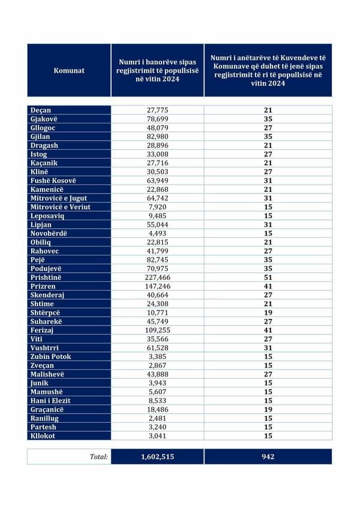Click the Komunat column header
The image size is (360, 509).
point(69,70)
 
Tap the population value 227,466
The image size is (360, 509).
point(158,278)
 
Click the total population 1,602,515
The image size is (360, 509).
point(158,457)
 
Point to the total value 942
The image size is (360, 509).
point(268,457)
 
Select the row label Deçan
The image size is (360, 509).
point(41,110)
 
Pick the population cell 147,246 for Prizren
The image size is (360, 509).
point(158,287)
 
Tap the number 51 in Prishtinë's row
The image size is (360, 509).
point(268,278)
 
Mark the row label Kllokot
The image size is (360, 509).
point(43,436)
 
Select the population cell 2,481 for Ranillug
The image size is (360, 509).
point(158,418)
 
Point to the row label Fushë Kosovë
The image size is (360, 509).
point(53,180)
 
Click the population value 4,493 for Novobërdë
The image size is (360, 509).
point(158,233)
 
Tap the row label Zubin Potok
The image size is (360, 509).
point(51,357)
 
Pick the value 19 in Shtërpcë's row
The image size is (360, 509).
point(268,313)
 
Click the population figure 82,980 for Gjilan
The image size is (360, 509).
point(158,137)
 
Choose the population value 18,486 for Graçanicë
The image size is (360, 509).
point(158,409)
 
